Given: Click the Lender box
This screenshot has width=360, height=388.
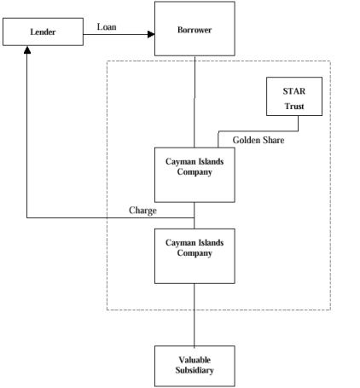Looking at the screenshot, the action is [x=43, y=32].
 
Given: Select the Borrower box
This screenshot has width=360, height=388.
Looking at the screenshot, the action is [x=195, y=28].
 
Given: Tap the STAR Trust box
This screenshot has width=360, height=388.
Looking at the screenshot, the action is [x=294, y=96].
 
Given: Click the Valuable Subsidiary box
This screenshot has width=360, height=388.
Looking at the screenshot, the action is [x=195, y=366].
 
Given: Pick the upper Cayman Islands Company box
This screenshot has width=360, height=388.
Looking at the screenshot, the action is [x=195, y=175].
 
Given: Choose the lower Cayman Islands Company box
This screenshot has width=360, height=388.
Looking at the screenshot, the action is [x=195, y=256].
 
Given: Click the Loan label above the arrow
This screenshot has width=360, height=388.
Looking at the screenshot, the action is [x=107, y=26].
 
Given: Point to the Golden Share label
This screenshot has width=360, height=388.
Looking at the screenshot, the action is [x=258, y=140].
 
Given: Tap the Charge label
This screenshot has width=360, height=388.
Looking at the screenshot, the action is [x=142, y=211].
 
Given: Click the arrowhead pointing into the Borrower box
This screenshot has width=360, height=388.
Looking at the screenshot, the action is [x=151, y=34].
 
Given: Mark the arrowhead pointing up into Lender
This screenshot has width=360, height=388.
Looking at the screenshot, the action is [x=27, y=50].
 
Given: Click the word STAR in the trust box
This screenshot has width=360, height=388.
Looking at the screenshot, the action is [x=294, y=91].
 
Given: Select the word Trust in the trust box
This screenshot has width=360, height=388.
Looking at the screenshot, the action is [x=294, y=106].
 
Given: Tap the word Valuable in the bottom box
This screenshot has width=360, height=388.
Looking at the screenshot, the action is [x=195, y=360].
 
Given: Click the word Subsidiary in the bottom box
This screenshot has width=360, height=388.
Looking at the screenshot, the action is [x=195, y=370].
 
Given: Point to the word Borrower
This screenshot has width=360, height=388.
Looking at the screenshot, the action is [x=195, y=30].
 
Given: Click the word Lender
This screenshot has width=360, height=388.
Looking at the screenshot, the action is [x=43, y=32].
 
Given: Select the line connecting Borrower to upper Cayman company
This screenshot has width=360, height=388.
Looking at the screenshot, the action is [x=195, y=101].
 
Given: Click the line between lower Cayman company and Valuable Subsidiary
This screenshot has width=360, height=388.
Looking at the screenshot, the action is [x=195, y=315].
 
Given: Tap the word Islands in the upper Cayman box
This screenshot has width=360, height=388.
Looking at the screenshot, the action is [x=211, y=161].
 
